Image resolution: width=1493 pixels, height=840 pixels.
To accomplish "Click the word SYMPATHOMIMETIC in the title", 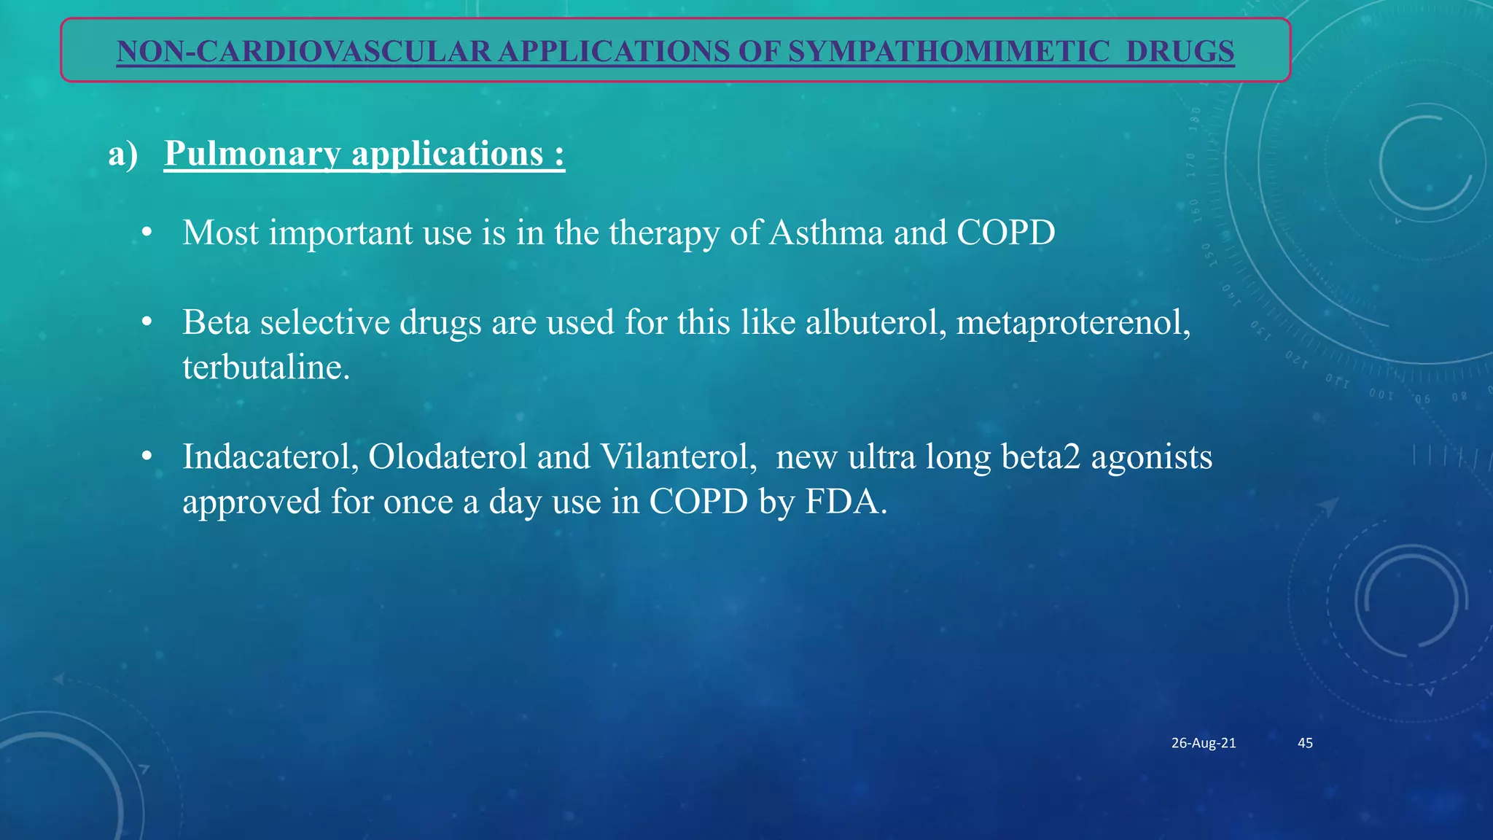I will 948,52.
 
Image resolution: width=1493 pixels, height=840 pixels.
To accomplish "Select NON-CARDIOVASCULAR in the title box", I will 303,52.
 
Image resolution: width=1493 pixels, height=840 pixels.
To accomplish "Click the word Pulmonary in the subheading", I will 252,154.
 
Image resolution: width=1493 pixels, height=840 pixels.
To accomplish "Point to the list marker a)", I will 122,154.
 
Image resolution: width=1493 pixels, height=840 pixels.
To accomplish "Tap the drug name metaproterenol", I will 1072,322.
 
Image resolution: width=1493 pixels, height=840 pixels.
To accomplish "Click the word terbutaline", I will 265,367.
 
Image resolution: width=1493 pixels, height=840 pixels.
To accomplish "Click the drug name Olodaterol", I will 448,457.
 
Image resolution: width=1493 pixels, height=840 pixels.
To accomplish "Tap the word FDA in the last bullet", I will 845,502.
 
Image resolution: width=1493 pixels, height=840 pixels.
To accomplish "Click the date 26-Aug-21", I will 1203,743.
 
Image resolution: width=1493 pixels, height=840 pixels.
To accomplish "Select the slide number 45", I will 1305,743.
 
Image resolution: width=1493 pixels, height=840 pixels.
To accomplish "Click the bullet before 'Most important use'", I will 147,233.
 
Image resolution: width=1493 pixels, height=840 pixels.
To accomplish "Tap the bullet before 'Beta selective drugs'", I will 147,322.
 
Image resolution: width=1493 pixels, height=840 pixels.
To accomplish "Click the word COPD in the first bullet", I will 1005,233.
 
